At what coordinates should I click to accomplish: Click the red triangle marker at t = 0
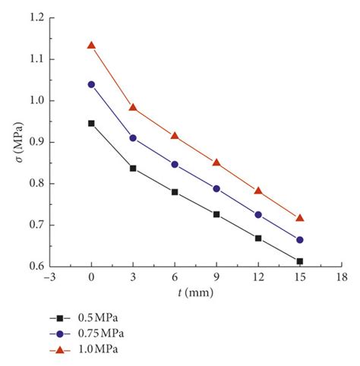coord(91,46)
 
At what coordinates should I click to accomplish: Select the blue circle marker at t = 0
coord(91,84)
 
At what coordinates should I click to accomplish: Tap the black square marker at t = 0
coord(91,123)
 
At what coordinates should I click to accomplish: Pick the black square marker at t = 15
coord(300,261)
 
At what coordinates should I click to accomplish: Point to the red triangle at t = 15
coord(300,218)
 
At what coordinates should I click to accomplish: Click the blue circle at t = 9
coord(216,188)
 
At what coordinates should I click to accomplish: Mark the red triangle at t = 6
coord(175,136)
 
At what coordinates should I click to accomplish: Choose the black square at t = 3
coord(133,168)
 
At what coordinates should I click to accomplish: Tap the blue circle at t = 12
coord(258,215)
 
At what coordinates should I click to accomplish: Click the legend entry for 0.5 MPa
coord(84,318)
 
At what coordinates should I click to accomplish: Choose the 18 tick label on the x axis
coord(342,278)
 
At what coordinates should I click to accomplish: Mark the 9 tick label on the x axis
coord(216,278)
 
